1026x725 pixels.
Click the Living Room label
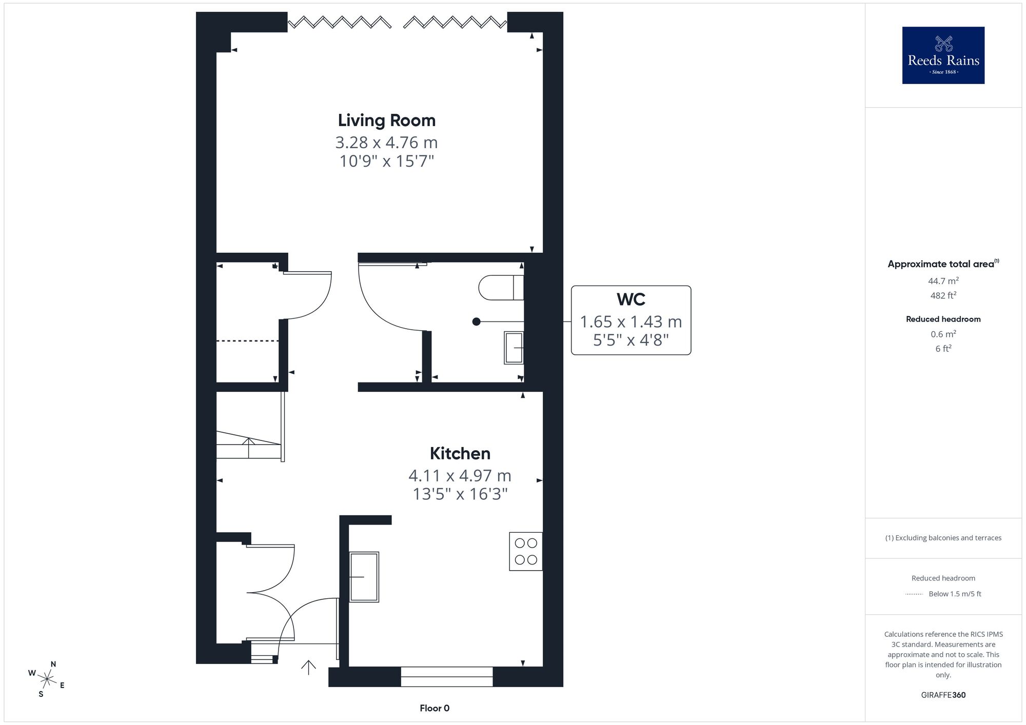[387, 120]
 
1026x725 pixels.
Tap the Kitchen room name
[460, 453]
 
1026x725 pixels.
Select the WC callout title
[631, 299]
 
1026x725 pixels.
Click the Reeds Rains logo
[943, 55]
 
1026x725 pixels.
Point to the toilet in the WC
[501, 288]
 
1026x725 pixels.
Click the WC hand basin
[514, 348]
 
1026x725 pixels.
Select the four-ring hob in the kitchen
[526, 551]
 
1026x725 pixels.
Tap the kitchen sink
[364, 576]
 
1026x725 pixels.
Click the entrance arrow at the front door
[308, 667]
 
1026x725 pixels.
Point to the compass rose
[47, 680]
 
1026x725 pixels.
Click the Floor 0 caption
[435, 708]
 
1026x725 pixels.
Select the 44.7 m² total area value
[943, 280]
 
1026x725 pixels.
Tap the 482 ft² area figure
[943, 295]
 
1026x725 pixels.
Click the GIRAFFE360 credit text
[943, 695]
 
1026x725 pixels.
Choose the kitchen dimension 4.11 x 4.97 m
[460, 475]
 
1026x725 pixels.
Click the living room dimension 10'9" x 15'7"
[387, 161]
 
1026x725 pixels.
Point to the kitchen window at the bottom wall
[447, 677]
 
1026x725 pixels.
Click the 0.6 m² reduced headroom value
[943, 334]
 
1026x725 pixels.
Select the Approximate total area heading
[943, 264]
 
